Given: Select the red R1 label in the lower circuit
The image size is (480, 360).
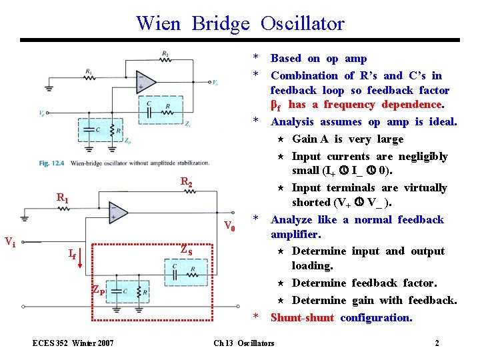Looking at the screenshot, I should [x=62, y=198].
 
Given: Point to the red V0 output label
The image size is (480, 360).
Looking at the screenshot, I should [x=229, y=225].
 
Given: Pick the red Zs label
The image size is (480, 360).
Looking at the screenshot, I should [x=186, y=251].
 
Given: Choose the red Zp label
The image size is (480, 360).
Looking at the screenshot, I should [x=97, y=289].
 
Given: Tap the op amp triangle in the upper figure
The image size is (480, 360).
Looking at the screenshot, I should [x=145, y=83].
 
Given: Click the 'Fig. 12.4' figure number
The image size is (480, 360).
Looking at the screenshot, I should [x=52, y=162].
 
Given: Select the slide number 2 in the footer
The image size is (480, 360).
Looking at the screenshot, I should [x=437, y=343].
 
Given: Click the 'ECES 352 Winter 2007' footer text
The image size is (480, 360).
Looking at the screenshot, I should [x=73, y=343].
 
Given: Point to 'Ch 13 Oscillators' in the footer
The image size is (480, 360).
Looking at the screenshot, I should [x=243, y=343].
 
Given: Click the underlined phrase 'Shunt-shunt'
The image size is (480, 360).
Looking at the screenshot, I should [x=302, y=317].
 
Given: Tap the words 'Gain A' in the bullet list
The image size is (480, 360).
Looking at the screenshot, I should [x=310, y=139].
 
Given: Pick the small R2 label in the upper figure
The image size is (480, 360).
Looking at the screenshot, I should [x=165, y=54].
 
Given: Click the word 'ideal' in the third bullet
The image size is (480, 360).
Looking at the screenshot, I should [x=441, y=122].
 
